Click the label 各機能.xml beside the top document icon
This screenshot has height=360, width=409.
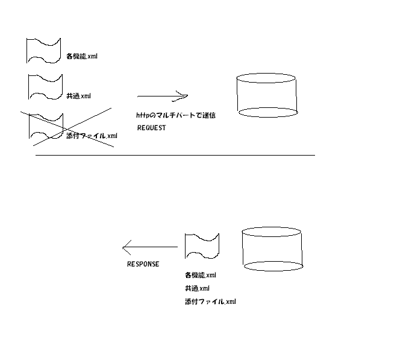pyautogui.click(x=81, y=57)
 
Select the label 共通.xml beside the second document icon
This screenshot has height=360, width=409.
pyautogui.click(x=78, y=96)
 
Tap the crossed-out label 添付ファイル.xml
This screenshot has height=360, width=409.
pyautogui.click(x=92, y=136)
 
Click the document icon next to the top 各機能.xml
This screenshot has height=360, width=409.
pyautogui.click(x=44, y=50)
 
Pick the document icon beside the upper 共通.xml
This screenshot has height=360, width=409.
pyautogui.click(x=45, y=86)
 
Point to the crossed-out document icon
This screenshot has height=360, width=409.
pyautogui.click(x=46, y=126)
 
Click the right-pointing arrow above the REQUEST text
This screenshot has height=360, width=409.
pyautogui.click(x=163, y=96)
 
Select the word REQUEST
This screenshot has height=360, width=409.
pyautogui.click(x=151, y=128)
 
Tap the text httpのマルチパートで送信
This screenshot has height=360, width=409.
pyautogui.click(x=175, y=115)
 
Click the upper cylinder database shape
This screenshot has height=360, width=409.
pyautogui.click(x=267, y=95)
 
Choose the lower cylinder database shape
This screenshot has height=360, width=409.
pyautogui.click(x=272, y=248)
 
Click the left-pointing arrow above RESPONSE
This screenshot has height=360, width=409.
pyautogui.click(x=150, y=247)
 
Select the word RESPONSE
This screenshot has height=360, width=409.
pyautogui.click(x=143, y=264)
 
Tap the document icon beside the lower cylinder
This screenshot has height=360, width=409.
pyautogui.click(x=202, y=246)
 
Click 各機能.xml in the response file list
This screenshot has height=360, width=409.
pyautogui.click(x=200, y=275)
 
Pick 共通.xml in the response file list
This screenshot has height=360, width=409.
pyautogui.click(x=197, y=288)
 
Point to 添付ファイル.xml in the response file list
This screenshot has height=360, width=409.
pyautogui.click(x=210, y=302)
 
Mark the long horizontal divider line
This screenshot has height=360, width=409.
pyautogui.click(x=175, y=155)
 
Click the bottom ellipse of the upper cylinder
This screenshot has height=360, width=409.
pyautogui.click(x=267, y=112)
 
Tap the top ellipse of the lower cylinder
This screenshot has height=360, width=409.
pyautogui.click(x=272, y=232)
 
